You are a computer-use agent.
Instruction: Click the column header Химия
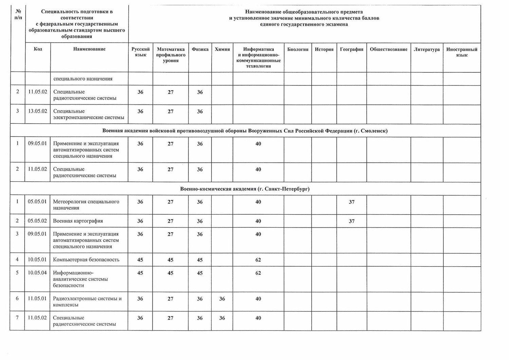coord(222,49)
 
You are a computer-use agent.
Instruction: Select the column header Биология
coord(297,49)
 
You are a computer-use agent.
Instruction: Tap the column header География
coord(351,49)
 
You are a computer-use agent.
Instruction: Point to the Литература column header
coord(426,49)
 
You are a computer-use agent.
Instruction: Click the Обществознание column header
coord(388,49)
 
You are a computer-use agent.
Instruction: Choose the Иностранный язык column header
coord(461,52)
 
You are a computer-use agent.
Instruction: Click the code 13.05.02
coord(38,111)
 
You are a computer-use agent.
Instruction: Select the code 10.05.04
coord(37,273)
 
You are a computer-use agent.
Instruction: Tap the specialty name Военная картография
coord(78,221)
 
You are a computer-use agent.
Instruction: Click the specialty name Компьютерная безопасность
coord(86,259)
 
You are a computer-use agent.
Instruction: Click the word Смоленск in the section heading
coord(374,131)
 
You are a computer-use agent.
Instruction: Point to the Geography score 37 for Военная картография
coord(351,221)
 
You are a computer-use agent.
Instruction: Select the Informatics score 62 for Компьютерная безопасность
coord(258,260)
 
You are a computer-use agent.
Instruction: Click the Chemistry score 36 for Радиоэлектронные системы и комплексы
coord(222,299)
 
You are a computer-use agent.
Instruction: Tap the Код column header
coord(38,49)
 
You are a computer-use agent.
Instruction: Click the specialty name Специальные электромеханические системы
coord(89,114)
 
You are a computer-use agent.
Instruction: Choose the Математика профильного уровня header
coord(170,55)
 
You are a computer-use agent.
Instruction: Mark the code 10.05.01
coord(37,259)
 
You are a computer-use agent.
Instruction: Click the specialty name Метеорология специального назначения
coord(86,204)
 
